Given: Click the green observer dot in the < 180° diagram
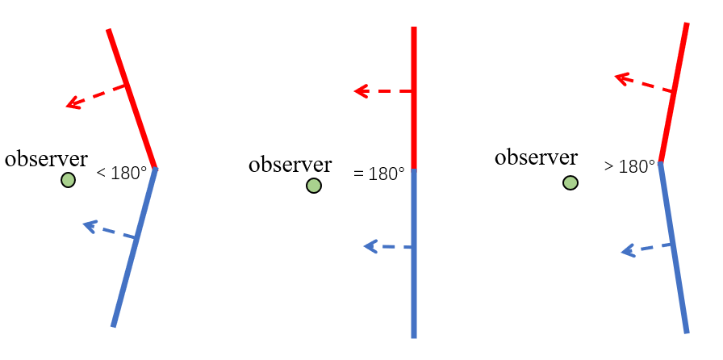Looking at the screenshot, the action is pyautogui.click(x=68, y=180).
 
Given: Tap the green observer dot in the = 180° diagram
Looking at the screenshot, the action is pyautogui.click(x=314, y=186).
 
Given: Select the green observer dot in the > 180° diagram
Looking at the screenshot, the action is pyautogui.click(x=570, y=183).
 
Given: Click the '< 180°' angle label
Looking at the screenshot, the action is pyautogui.click(x=122, y=172).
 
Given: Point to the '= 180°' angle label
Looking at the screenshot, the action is pyautogui.click(x=378, y=174).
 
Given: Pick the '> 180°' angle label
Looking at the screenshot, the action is pyautogui.click(x=629, y=167).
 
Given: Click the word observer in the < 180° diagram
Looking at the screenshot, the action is pyautogui.click(x=46, y=158).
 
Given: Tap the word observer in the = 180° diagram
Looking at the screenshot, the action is pyautogui.click(x=290, y=165).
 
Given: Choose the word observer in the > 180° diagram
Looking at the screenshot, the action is pyautogui.click(x=536, y=157).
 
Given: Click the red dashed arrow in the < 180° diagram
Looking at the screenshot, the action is pyautogui.click(x=97, y=95).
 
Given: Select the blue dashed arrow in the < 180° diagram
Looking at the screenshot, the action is pyautogui.click(x=111, y=230).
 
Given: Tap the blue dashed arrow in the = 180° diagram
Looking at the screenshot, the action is pyautogui.click(x=388, y=246).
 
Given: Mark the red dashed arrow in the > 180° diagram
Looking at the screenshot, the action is pyautogui.click(x=644, y=84).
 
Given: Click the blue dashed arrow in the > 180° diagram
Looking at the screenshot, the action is pyautogui.click(x=646, y=249).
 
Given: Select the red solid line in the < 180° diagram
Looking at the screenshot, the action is pyautogui.click(x=132, y=98).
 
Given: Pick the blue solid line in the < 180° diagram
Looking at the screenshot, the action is pyautogui.click(x=134, y=247).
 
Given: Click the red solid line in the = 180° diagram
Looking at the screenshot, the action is pyautogui.click(x=413, y=97).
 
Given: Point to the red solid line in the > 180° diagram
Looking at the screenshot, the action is pyautogui.click(x=674, y=93).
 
